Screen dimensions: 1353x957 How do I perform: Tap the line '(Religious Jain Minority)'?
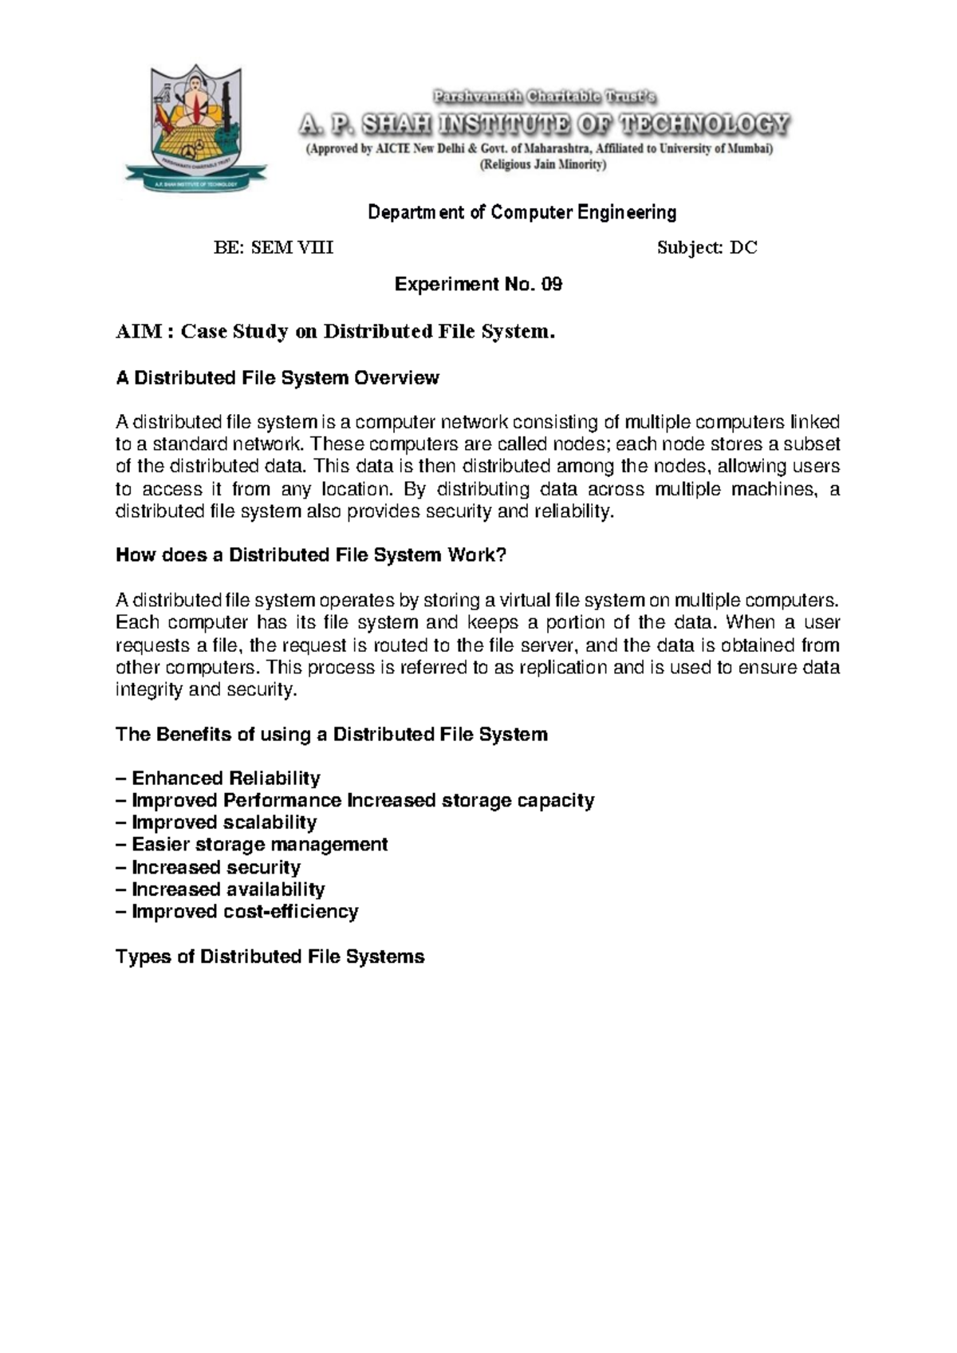[x=542, y=165]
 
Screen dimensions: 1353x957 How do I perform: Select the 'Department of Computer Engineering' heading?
[x=522, y=212]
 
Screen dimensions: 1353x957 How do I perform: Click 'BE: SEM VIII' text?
[x=274, y=248]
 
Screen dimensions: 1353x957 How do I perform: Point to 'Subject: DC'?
[x=707, y=248]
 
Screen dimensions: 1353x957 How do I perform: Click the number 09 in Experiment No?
[x=552, y=285]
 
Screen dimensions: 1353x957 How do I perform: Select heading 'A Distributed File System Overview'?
[x=277, y=378]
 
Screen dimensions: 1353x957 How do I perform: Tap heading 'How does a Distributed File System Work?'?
[x=311, y=555]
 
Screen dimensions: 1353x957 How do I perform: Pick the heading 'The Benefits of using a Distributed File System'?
[x=331, y=735]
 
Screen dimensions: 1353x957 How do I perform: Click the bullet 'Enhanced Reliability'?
[x=225, y=779]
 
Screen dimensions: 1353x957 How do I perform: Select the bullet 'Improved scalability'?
[x=223, y=822]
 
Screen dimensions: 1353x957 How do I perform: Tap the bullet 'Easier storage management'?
[x=259, y=845]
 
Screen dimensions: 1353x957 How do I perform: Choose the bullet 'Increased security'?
[x=215, y=867]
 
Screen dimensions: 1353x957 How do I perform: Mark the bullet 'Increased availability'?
[x=227, y=890]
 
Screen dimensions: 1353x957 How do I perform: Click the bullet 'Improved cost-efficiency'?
[x=244, y=912]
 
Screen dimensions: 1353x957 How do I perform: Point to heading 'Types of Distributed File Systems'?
[x=270, y=957]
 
